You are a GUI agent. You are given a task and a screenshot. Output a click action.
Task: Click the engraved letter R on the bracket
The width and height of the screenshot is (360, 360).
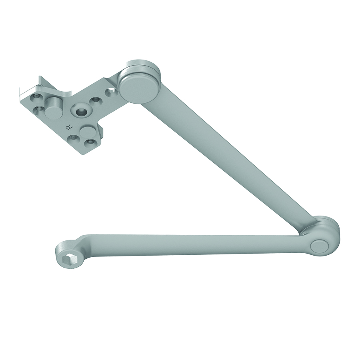point(68,128)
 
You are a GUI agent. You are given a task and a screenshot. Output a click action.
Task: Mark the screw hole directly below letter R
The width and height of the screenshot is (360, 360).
point(73,138)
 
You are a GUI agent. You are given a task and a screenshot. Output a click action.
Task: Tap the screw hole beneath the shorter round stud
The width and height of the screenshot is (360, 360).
point(89,143)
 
